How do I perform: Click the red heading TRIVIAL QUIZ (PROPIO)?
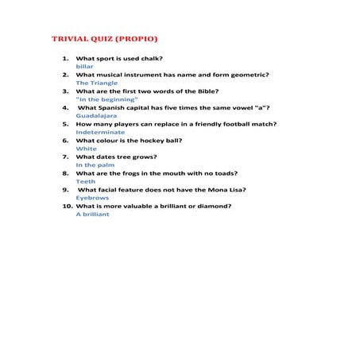click(x=105, y=38)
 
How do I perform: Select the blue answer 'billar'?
click(x=84, y=67)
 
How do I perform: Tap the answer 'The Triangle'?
click(x=97, y=83)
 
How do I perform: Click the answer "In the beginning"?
click(x=106, y=99)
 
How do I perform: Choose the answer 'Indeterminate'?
click(x=100, y=132)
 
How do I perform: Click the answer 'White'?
click(x=87, y=149)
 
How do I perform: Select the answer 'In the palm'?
click(x=95, y=165)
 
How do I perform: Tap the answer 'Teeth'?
click(x=86, y=181)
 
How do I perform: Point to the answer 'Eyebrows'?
click(x=92, y=198)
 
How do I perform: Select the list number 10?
click(x=67, y=206)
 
